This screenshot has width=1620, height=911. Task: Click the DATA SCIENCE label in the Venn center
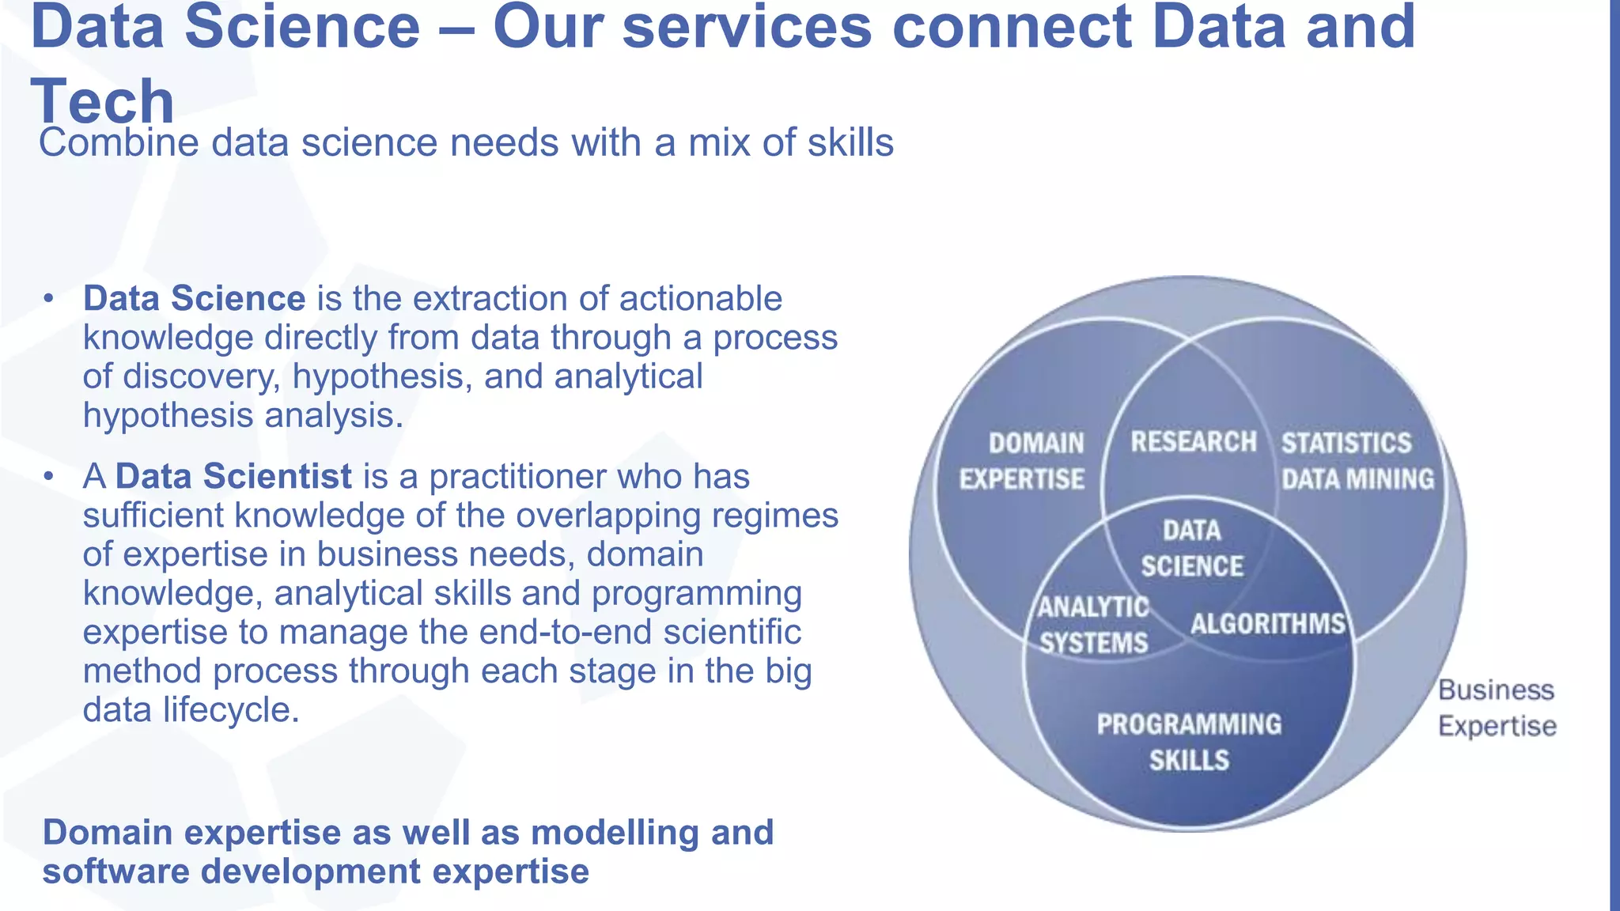[1192, 549]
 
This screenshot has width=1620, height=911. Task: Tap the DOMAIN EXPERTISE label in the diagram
[1022, 461]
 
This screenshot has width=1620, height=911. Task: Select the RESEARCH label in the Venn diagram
[1193, 442]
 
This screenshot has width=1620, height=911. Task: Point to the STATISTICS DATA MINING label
[1357, 461]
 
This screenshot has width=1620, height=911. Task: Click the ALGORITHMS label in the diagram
[1267, 624]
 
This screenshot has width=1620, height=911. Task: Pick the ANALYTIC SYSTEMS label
[1093, 625]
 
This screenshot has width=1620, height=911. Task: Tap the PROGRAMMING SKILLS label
[1189, 742]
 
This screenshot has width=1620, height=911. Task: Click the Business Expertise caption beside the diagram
[1497, 708]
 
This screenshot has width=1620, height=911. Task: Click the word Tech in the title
[102, 102]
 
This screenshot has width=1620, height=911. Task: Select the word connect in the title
[1012, 27]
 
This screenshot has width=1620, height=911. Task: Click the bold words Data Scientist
[233, 477]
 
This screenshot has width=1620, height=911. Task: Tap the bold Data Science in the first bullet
[194, 299]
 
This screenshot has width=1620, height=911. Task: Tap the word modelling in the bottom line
[614, 833]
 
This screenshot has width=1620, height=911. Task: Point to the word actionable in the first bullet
[700, 299]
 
